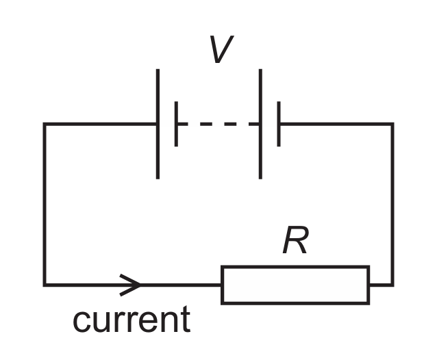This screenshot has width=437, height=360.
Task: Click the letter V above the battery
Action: (x=221, y=49)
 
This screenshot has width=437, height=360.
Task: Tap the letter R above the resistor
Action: (x=296, y=240)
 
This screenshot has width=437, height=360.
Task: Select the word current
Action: (x=132, y=320)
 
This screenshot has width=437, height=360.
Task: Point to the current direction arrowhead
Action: (x=130, y=285)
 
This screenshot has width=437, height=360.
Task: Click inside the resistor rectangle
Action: (x=295, y=285)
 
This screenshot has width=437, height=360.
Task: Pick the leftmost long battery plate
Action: (x=158, y=124)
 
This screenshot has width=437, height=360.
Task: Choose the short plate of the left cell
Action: (x=176, y=124)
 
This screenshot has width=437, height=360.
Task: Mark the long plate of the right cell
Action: (x=260, y=124)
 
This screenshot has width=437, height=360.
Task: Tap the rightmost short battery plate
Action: (x=279, y=124)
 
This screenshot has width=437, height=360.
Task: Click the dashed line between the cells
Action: (x=218, y=124)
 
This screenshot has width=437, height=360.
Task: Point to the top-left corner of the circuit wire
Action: (x=45, y=124)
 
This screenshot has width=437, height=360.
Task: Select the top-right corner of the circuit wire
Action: (x=392, y=124)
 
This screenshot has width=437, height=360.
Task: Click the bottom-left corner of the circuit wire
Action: (x=45, y=285)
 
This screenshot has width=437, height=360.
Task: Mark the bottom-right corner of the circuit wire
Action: (x=392, y=285)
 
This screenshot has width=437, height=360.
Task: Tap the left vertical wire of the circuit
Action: (x=45, y=205)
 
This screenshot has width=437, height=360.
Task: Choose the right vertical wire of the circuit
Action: (x=392, y=205)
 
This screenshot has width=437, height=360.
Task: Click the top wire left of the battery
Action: (x=100, y=124)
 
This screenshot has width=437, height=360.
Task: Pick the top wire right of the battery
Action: (x=336, y=124)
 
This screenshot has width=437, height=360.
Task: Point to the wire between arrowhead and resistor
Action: (x=181, y=285)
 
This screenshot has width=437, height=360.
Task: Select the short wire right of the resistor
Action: (x=382, y=285)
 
